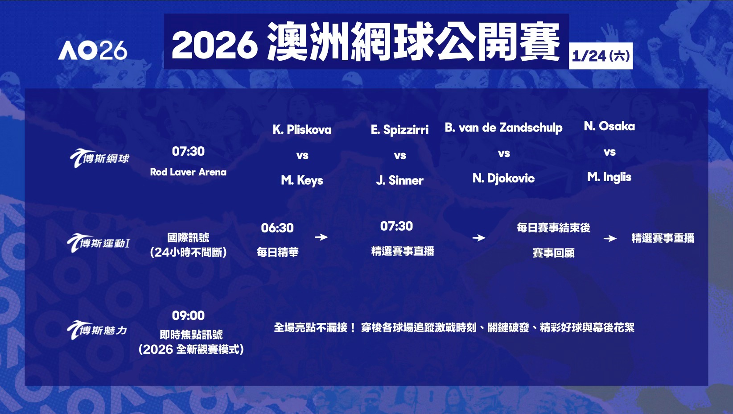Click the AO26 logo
tap(93, 50)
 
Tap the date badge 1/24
tap(601, 56)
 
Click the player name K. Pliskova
tap(302, 130)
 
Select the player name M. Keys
tap(302, 181)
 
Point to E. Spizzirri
tap(399, 130)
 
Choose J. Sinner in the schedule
tap(399, 181)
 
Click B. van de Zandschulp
tap(504, 128)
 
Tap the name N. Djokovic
tap(504, 178)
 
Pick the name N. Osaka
tap(609, 126)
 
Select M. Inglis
tap(609, 177)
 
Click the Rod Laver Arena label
tap(188, 172)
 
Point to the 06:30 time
tap(277, 228)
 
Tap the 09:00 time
tap(188, 315)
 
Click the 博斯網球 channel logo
tap(99, 158)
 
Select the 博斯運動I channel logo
tap(98, 243)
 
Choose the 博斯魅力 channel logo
tap(97, 330)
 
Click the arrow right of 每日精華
tap(321, 237)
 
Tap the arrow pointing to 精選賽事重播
tap(610, 238)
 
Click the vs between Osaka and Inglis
tap(609, 152)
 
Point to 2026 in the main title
tap(214, 45)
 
